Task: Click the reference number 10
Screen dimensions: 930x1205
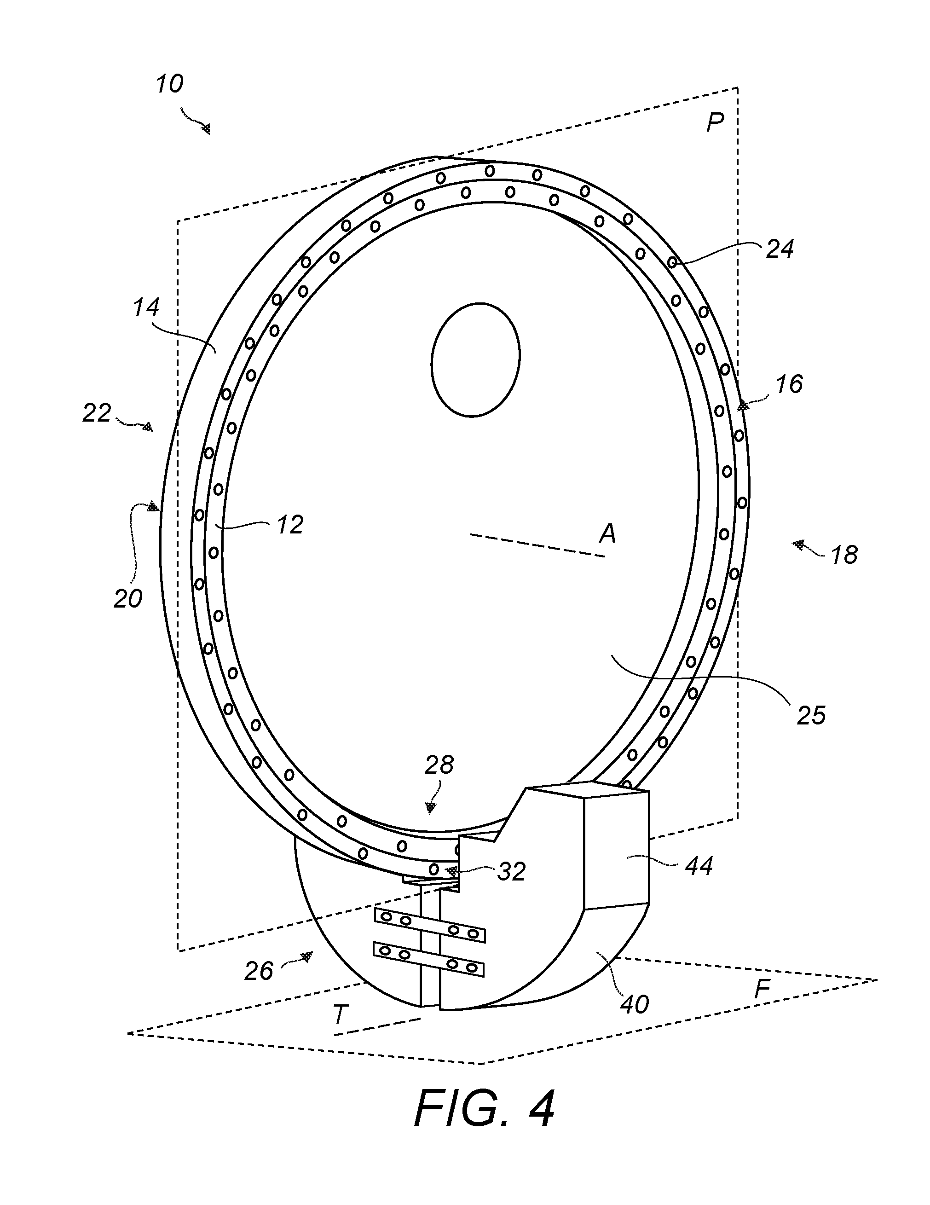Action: point(169,84)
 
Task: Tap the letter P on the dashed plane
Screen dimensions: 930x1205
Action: point(716,122)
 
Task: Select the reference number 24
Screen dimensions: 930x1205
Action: point(780,249)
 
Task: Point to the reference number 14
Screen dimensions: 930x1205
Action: point(146,307)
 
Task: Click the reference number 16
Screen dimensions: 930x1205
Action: point(789,384)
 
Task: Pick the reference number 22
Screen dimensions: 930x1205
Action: point(97,413)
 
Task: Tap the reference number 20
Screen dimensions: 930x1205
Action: point(128,599)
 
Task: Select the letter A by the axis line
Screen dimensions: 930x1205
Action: point(607,533)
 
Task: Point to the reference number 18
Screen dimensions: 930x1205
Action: point(844,555)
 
